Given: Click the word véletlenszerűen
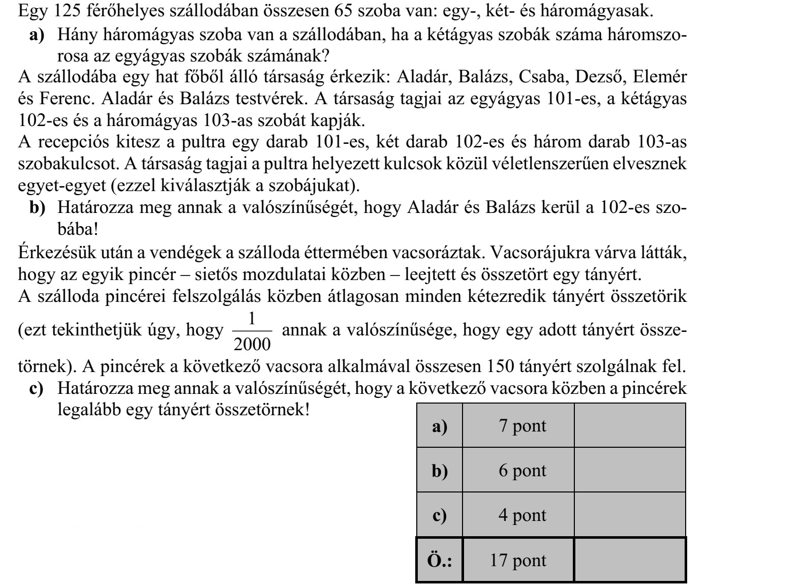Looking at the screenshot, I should coord(565,164).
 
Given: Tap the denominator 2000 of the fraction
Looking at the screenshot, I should coord(252,344).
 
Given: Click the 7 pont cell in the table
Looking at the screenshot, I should coord(518,426).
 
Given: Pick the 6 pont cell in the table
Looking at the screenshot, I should coord(518,471).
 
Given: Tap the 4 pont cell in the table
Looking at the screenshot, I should coord(518,515).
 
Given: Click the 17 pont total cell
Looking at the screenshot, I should coord(518,560).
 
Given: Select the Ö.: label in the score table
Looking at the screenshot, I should coord(440,560).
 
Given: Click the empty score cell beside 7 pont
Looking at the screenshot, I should coord(630,426).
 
